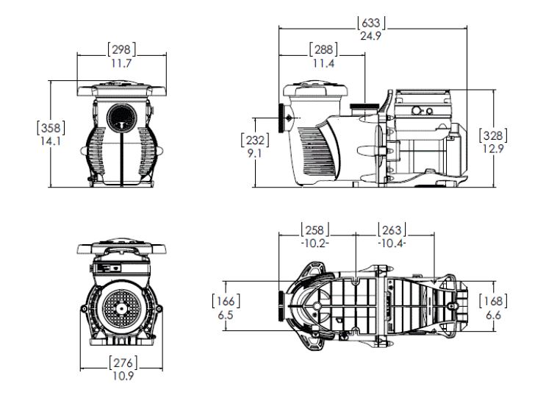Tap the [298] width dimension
pos(121,49)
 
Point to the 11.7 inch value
pos(121,63)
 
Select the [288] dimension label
pos(322,49)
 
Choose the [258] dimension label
pos(315,230)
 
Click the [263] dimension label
pos(392,230)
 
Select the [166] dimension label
pos(225,301)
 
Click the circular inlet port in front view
pos(121,118)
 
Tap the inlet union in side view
pos(284,118)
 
